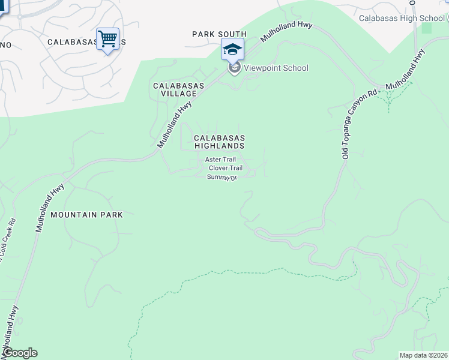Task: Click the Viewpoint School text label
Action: click(276, 68)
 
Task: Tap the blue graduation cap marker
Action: click(232, 50)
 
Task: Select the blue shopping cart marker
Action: click(107, 40)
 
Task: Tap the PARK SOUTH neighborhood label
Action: click(219, 34)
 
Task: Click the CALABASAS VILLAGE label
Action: click(178, 90)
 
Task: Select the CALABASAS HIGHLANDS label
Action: click(219, 142)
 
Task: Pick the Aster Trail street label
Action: click(220, 160)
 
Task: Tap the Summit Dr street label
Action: click(222, 178)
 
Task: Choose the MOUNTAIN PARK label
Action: click(86, 214)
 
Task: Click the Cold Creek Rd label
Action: click(7, 241)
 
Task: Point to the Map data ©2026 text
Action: click(423, 355)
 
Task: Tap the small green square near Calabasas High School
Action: click(426, 28)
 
